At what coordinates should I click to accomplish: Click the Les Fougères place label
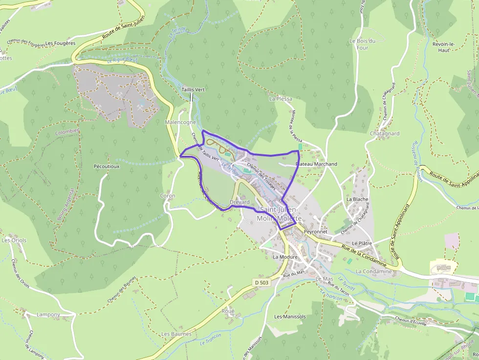coord(60,43)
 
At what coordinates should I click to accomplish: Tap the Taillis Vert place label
coord(193,90)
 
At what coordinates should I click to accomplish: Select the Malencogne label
coord(180,122)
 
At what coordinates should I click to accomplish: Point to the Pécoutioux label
coord(107,166)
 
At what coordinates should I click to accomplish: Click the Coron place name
coord(168,195)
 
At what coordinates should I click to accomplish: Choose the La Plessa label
coord(281,99)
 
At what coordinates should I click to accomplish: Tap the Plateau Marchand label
coord(317,164)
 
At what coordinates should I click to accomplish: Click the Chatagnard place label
coord(385,133)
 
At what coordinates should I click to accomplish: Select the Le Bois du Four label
coord(362,44)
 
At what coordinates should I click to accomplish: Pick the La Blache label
coord(357,199)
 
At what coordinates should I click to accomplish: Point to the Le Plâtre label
coord(362,243)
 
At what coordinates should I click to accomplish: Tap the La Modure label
coord(285,256)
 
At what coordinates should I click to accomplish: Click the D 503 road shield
coord(261,282)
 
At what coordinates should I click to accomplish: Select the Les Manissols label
coord(290,317)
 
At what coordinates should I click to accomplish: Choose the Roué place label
coord(228,311)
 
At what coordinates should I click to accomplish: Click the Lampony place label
coord(48,315)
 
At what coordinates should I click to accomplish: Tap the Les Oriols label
coord(14,240)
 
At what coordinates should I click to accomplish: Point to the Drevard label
coord(239,202)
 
